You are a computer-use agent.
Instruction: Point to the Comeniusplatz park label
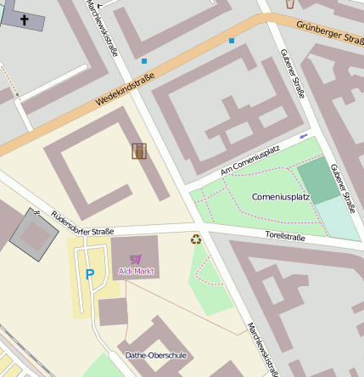tap(281, 197)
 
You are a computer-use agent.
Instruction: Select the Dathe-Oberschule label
tap(155, 355)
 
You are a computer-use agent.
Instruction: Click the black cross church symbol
tap(24, 19)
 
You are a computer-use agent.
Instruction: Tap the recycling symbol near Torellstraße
tap(196, 240)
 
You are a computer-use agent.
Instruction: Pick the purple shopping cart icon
tap(134, 259)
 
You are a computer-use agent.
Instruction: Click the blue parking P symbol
tap(89, 274)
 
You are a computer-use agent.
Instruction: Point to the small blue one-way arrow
tap(304, 136)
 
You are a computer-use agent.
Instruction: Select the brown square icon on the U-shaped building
tap(139, 151)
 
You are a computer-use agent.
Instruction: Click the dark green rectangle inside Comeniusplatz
tap(317, 180)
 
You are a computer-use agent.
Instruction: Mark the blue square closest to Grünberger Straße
tap(231, 40)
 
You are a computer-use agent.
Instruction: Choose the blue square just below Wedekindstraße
tap(144, 61)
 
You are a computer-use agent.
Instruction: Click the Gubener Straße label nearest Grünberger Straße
tap(290, 74)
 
